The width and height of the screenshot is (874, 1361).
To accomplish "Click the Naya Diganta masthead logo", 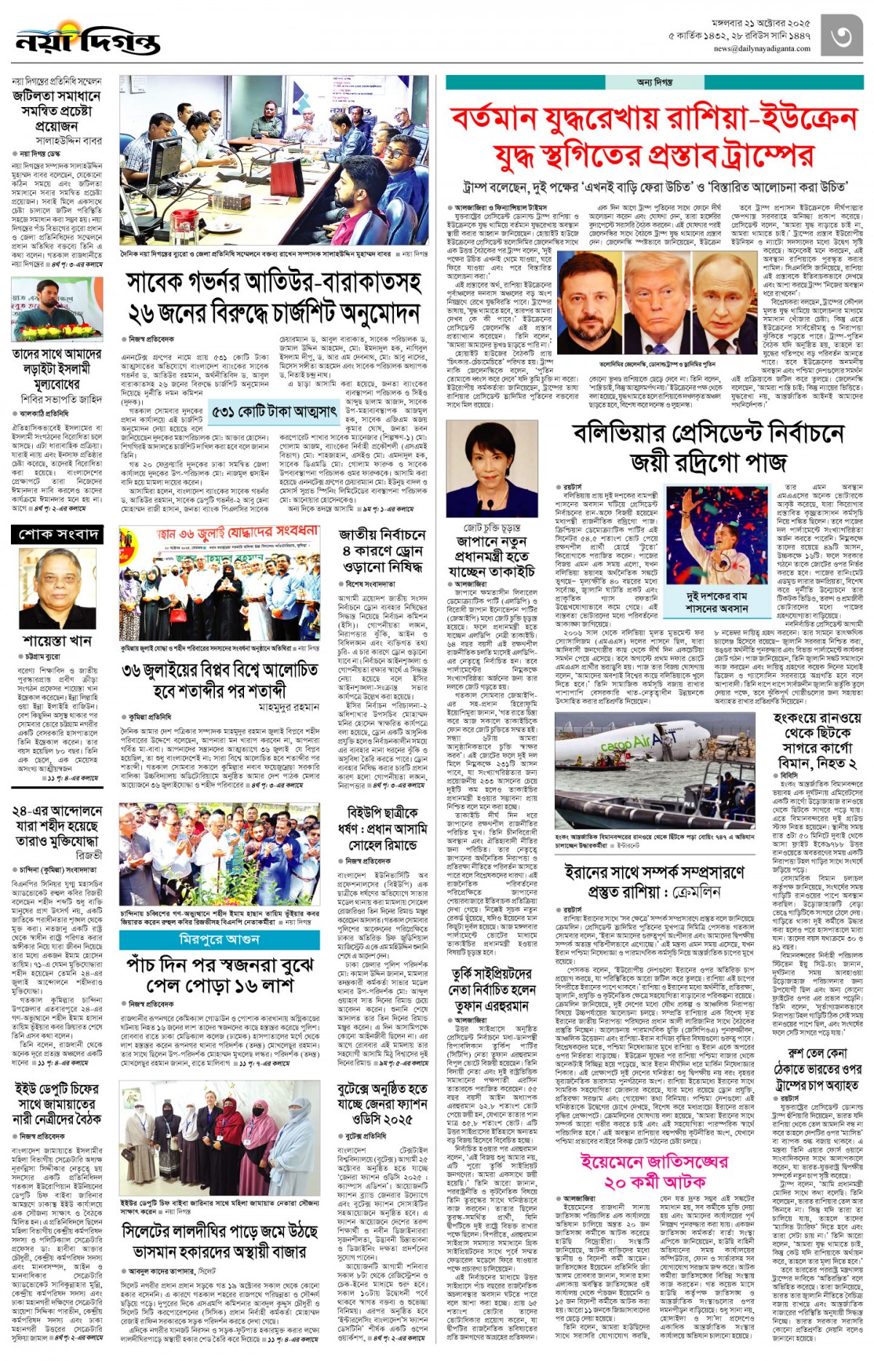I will [x=87, y=41].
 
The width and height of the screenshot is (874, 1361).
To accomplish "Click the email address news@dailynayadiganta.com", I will [x=761, y=49].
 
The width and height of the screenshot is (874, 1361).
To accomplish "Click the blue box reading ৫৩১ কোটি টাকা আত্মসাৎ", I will [x=274, y=412].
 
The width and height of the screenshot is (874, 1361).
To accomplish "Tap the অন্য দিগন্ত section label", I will [x=654, y=82].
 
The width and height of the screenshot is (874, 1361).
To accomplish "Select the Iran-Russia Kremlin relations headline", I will [x=655, y=881].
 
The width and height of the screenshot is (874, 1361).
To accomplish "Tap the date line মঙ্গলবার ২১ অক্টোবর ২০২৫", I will [x=760, y=23].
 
